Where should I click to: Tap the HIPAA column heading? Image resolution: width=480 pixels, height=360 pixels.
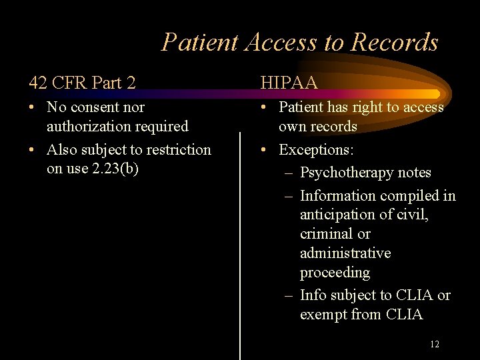pyautogui.click(x=289, y=82)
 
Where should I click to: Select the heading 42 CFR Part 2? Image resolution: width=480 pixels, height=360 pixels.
pyautogui.click(x=82, y=82)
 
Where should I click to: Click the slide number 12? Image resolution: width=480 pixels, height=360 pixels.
pyautogui.click(x=435, y=344)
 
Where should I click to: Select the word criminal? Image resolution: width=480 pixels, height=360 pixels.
pyautogui.click(x=325, y=234)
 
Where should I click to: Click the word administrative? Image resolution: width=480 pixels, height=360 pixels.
pyautogui.click(x=345, y=253)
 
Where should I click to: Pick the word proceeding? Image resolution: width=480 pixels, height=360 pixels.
pyautogui.click(x=335, y=273)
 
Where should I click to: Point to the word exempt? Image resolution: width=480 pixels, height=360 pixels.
pyautogui.click(x=323, y=315)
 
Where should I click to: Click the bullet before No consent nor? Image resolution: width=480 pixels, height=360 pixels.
pyautogui.click(x=33, y=107)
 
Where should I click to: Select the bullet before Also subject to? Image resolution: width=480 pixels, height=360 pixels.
pyautogui.click(x=33, y=149)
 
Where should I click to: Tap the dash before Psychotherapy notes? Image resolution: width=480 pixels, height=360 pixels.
pyautogui.click(x=287, y=173)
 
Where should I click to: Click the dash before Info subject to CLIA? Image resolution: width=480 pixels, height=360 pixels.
pyautogui.click(x=287, y=295)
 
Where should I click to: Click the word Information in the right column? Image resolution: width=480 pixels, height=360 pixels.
pyautogui.click(x=338, y=196)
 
